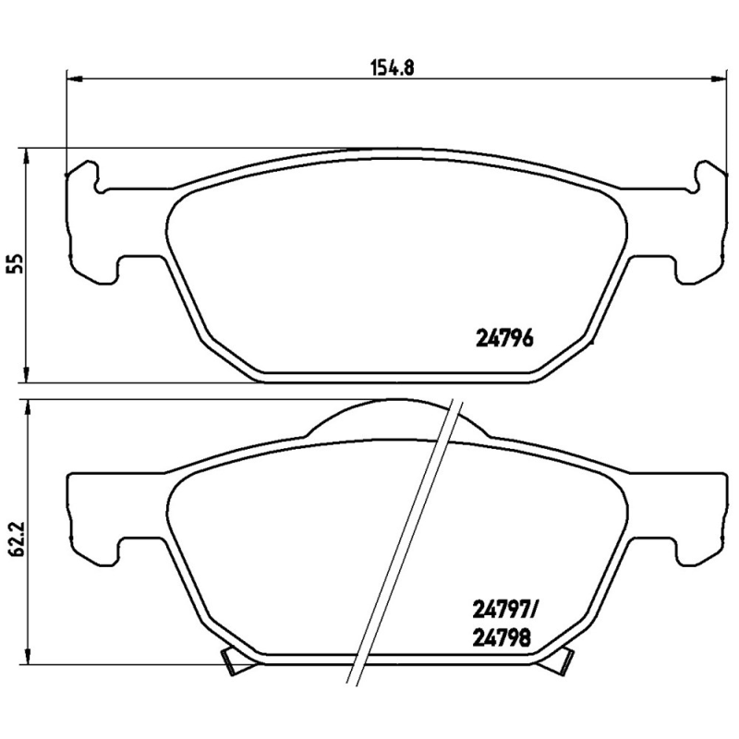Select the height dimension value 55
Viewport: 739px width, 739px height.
click(x=14, y=264)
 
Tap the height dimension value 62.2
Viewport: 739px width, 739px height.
click(x=14, y=536)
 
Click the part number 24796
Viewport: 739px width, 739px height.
click(x=504, y=338)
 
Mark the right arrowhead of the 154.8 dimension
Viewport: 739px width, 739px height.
click(x=715, y=79)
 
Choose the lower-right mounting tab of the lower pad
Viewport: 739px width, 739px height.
click(x=697, y=545)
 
